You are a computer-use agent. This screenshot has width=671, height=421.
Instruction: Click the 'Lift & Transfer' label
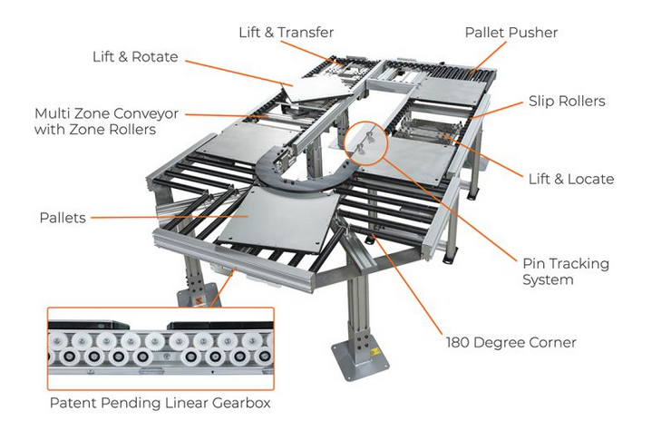pyautogui.click(x=287, y=32)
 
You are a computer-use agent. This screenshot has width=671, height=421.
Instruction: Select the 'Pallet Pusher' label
pyautogui.click(x=511, y=32)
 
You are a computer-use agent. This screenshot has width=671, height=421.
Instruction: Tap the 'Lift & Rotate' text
pyautogui.click(x=135, y=57)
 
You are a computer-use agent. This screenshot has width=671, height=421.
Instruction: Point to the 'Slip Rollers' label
pyautogui.click(x=567, y=101)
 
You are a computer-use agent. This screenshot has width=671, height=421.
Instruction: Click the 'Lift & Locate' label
pyautogui.click(x=570, y=179)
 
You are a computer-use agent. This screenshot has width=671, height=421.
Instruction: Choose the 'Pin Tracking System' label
pyautogui.click(x=565, y=271)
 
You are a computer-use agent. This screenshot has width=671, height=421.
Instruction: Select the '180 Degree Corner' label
pyautogui.click(x=511, y=342)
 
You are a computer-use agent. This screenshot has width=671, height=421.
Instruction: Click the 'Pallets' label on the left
pyautogui.click(x=63, y=218)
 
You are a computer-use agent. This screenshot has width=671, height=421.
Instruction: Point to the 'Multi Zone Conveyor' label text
pyautogui.click(x=106, y=114)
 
